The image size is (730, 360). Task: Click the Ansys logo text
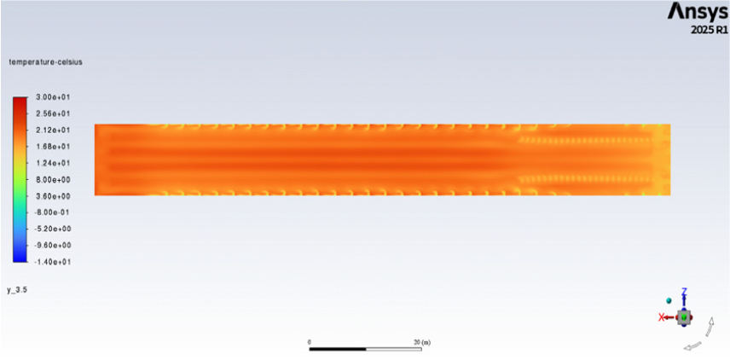pyautogui.click(x=698, y=11)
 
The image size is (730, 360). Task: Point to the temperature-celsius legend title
pyautogui.click(x=46, y=62)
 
